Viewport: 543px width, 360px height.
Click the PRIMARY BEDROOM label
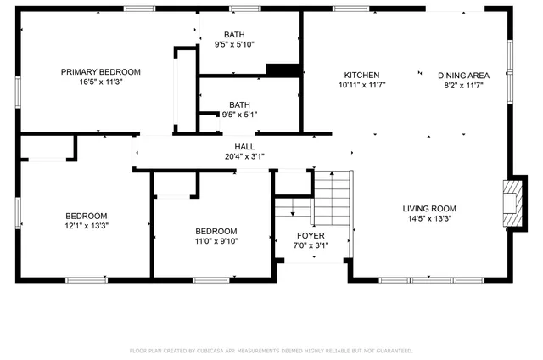(100, 72)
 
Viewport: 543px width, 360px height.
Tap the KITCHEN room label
(361, 75)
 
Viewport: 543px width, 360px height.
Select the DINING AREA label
(464, 75)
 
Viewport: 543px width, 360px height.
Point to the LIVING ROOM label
(429, 209)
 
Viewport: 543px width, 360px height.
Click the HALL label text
(245, 147)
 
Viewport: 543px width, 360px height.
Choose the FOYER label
(311, 235)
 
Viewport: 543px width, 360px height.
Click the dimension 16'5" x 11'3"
(100, 83)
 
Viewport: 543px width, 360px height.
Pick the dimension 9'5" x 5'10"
(239, 44)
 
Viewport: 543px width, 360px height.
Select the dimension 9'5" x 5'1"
(239, 115)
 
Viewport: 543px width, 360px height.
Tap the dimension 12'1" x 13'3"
(87, 226)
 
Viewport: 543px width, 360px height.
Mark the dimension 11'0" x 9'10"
(216, 241)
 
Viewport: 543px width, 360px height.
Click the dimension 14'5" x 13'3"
(429, 219)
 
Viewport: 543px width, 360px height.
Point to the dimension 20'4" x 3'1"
(245, 156)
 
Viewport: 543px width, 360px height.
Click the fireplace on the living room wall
(512, 204)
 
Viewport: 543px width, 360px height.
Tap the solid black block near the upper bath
(283, 70)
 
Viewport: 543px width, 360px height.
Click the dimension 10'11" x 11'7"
(361, 85)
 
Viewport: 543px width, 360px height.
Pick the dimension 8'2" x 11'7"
(464, 85)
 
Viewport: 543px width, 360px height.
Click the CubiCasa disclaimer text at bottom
(271, 350)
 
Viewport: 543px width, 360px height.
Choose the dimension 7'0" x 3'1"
(311, 245)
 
